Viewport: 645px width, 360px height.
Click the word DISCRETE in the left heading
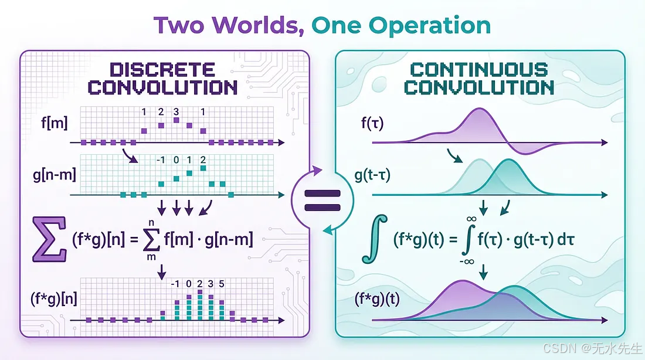[x=162, y=70]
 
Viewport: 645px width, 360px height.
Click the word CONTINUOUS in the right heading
[x=480, y=70]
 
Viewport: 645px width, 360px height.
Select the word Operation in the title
[x=430, y=26]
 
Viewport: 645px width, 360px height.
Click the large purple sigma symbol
[x=49, y=239]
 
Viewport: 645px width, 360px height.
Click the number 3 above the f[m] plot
[x=175, y=111]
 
